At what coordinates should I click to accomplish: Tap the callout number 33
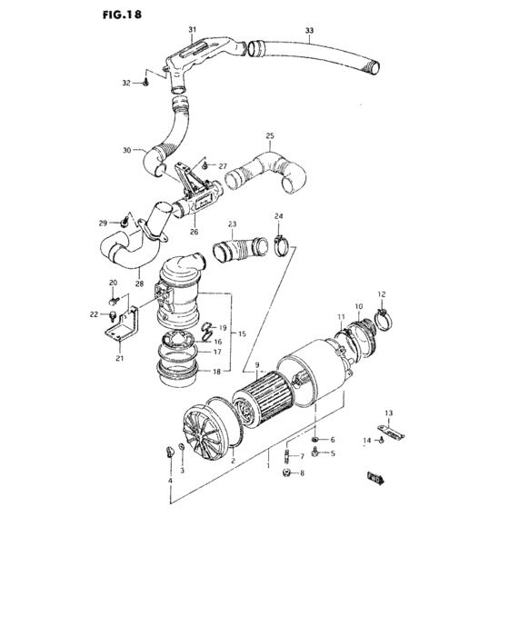[309, 31]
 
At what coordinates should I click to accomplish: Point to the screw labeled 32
[146, 83]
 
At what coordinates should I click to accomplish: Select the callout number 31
[192, 30]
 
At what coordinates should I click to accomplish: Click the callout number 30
[126, 150]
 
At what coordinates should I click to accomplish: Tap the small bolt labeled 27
[206, 166]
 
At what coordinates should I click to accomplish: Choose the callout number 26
[194, 231]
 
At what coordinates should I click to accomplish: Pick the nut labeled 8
[286, 473]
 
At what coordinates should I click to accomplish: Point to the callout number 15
[243, 334]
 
